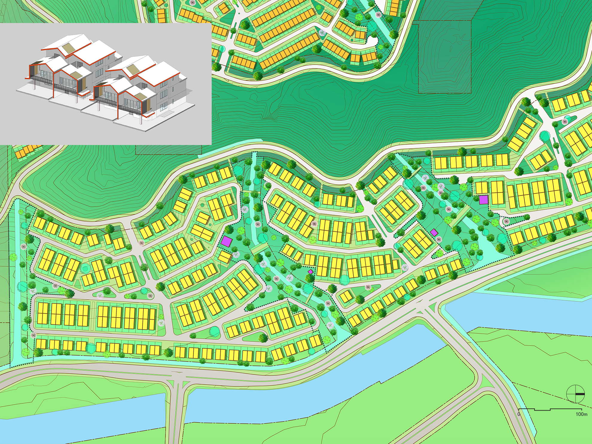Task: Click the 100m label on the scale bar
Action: [581, 414]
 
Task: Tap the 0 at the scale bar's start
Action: [519, 414]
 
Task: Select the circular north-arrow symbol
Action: [575, 394]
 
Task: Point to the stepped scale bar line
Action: [550, 409]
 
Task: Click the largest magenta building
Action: [227, 241]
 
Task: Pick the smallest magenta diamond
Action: [311, 272]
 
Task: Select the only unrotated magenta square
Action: [483, 200]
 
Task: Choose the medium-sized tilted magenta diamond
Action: [434, 232]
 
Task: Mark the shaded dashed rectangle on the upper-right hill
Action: [445, 57]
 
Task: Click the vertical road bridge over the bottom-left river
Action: [176, 410]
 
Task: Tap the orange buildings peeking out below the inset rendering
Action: [27, 151]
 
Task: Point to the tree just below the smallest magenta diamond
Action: [310, 278]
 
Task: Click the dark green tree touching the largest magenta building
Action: [229, 230]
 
